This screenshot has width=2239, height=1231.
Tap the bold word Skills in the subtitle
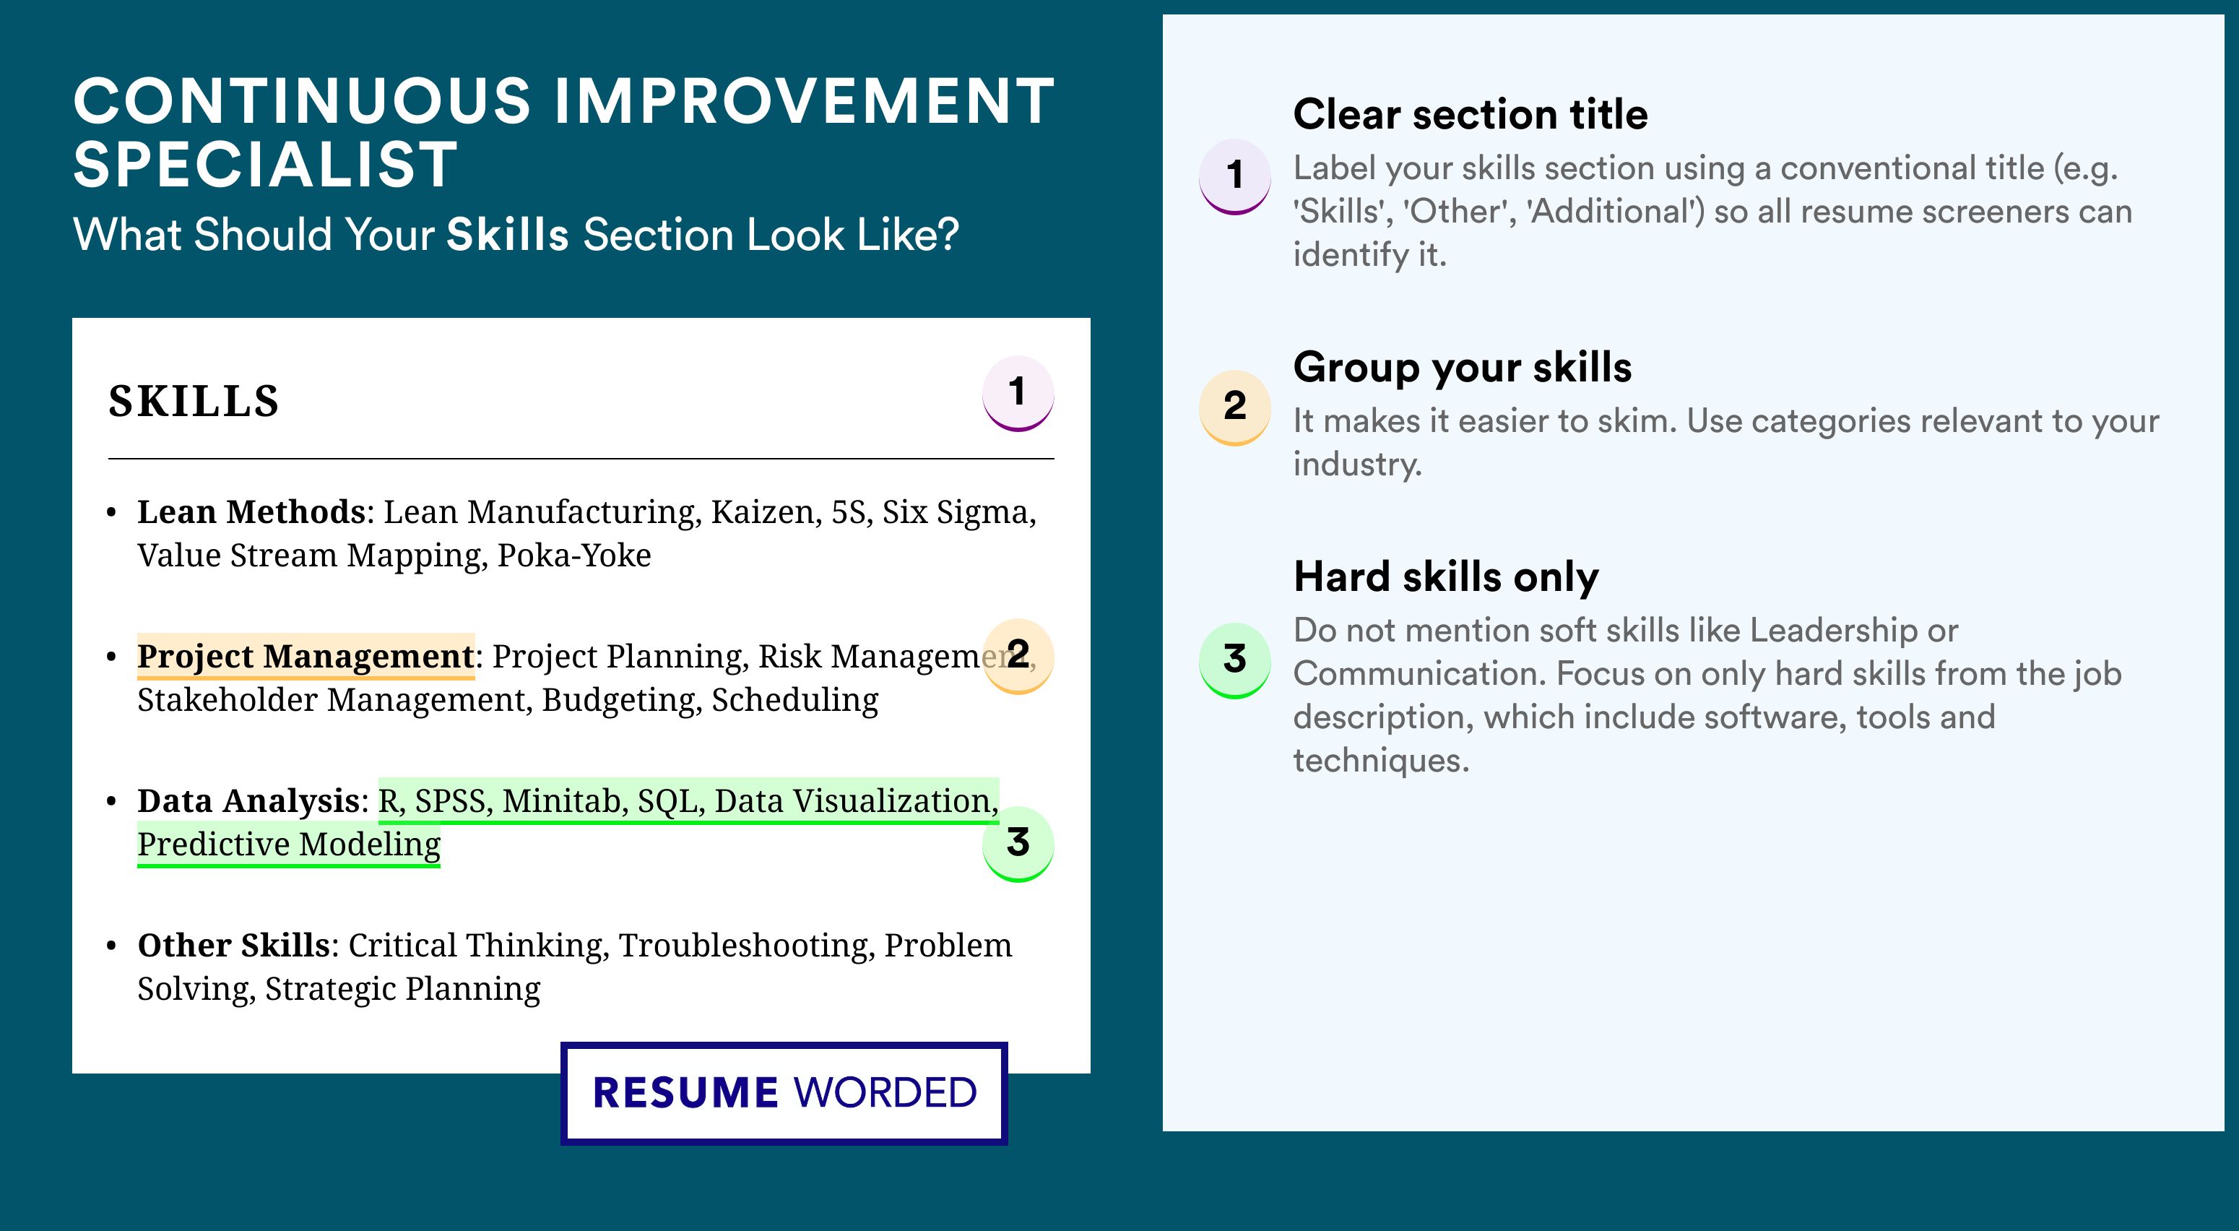point(508,235)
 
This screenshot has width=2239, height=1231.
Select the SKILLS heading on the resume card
point(194,402)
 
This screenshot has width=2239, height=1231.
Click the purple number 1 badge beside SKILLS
point(1018,393)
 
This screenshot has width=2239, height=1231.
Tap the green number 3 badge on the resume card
point(1018,844)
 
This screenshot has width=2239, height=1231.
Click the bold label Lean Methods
point(251,512)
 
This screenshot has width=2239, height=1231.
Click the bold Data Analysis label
point(248,800)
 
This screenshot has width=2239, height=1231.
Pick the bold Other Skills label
point(234,945)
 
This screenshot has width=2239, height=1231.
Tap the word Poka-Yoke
point(573,556)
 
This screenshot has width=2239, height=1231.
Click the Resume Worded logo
point(784,1093)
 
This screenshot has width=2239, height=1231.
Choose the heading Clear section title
point(1470,114)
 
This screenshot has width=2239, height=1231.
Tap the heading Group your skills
point(1463,367)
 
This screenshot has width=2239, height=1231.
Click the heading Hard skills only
point(1446,576)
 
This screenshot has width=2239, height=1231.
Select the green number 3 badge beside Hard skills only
point(1235,660)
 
